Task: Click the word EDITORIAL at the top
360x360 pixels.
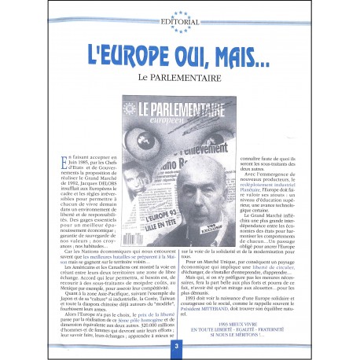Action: [180, 21]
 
